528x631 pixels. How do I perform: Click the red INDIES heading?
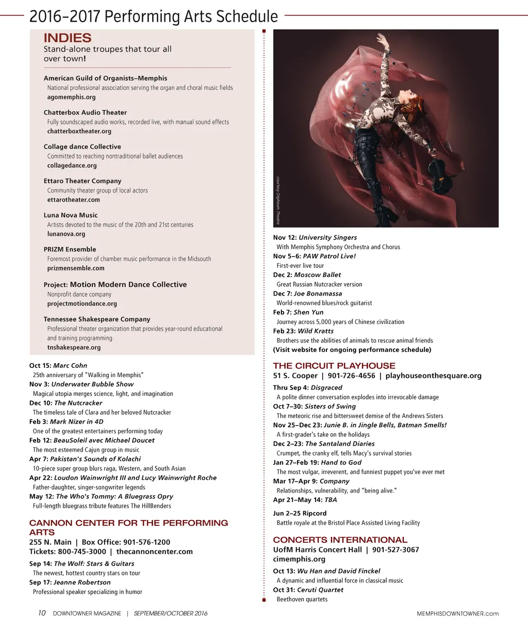click(x=68, y=38)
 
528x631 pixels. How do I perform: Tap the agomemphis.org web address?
click(x=71, y=97)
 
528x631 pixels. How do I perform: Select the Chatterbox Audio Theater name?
click(x=85, y=112)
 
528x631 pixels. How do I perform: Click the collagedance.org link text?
click(x=72, y=166)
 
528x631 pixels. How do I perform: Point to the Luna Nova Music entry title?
click(x=71, y=215)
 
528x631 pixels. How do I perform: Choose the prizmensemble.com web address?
click(x=76, y=268)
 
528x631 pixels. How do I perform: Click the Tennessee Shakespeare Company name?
click(x=97, y=319)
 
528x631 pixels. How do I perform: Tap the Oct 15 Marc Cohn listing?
click(x=58, y=366)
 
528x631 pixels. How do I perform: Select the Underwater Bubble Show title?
click(x=92, y=384)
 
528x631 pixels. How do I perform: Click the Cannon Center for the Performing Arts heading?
click(x=128, y=527)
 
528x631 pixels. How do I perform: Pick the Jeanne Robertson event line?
click(x=70, y=583)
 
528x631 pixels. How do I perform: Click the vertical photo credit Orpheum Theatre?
click(x=278, y=200)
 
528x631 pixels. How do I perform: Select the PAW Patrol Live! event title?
click(x=329, y=256)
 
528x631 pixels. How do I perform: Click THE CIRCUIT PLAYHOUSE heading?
click(x=334, y=366)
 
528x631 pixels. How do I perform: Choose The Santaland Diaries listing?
click(x=324, y=444)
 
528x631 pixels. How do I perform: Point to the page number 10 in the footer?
click(x=42, y=613)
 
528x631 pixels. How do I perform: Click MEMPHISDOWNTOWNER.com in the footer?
click(x=457, y=613)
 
